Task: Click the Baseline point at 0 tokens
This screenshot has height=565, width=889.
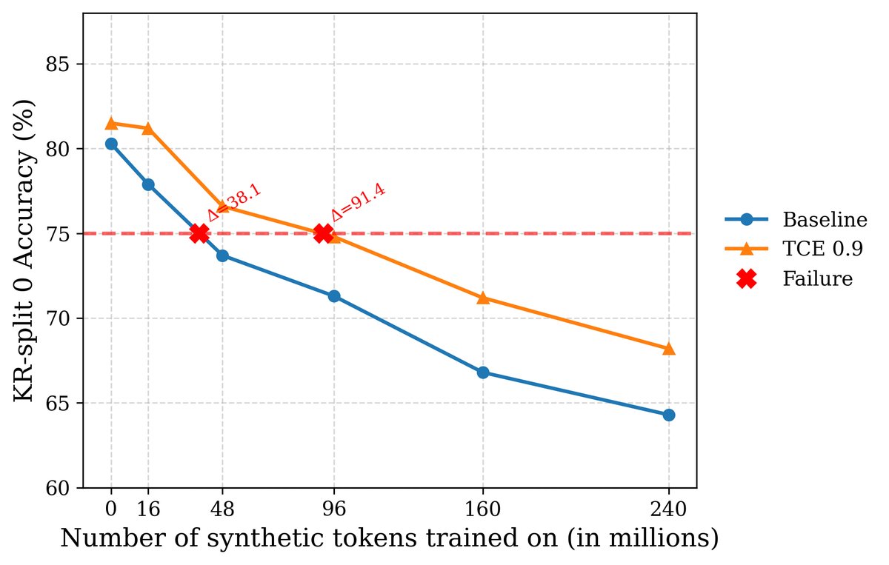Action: click(111, 144)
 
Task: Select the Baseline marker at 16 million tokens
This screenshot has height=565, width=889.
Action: click(148, 184)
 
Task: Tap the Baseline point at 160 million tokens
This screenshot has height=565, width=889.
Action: click(483, 372)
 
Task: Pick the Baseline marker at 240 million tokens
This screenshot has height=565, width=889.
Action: click(669, 415)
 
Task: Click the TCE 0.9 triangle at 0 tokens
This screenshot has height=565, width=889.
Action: click(111, 123)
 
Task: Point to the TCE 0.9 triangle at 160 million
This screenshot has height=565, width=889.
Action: click(483, 298)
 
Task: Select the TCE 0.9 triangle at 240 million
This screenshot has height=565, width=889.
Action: click(669, 348)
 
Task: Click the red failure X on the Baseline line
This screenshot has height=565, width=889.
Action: click(199, 233)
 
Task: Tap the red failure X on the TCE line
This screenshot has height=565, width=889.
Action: click(323, 233)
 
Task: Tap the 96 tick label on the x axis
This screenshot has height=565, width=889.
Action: click(334, 509)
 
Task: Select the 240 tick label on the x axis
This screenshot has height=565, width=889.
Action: click(669, 509)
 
